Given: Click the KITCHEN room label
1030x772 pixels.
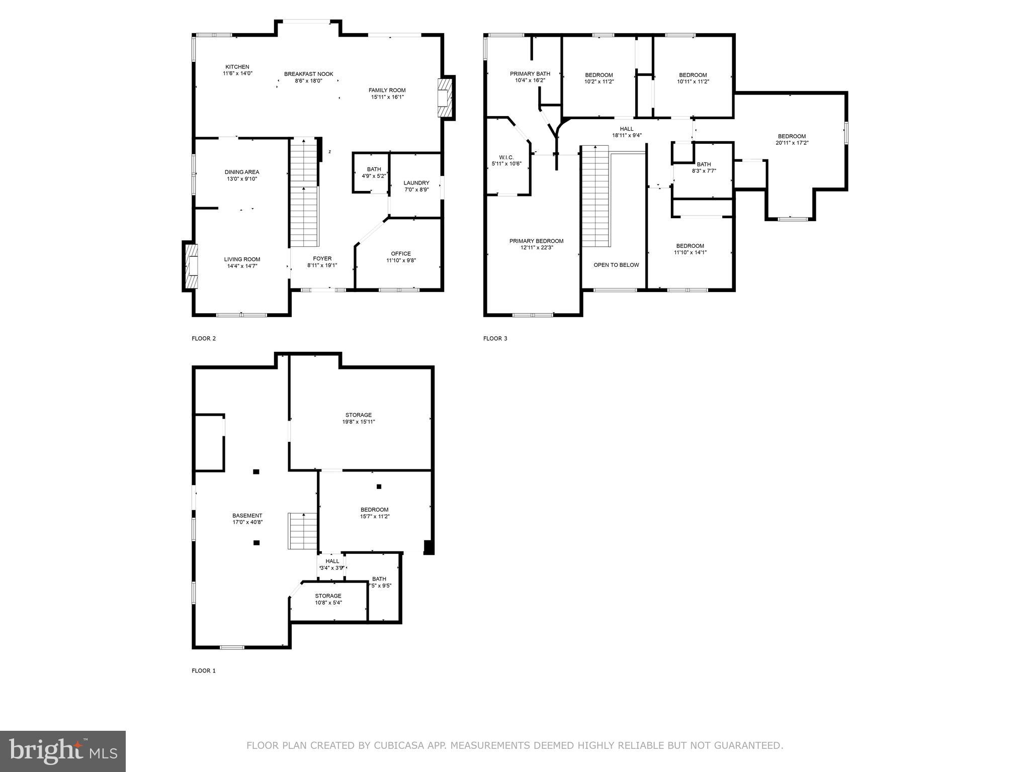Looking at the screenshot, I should click(237, 67).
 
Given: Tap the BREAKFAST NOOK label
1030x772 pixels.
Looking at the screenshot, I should click(308, 74).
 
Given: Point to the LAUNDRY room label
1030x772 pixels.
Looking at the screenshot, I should click(416, 183).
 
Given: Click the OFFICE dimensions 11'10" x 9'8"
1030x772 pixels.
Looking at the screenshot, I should click(401, 260).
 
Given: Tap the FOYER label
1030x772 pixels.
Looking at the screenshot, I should click(322, 258).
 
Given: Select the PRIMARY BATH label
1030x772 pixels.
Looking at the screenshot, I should click(530, 73).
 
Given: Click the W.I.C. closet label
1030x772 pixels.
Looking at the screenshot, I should click(506, 157).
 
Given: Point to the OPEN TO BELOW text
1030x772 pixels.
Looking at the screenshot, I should click(616, 265).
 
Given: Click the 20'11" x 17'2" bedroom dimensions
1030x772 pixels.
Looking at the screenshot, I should click(792, 143).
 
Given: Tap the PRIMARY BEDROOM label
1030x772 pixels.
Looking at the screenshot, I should click(536, 241).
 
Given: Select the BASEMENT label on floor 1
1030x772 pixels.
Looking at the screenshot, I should click(247, 515).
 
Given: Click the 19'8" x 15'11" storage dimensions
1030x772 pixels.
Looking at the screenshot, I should click(358, 422).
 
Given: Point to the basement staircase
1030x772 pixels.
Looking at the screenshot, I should click(302, 531).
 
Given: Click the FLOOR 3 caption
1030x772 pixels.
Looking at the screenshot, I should click(495, 338).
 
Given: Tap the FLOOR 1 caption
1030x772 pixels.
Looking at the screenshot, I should click(203, 670).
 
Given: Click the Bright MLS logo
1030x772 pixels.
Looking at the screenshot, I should click(63, 751).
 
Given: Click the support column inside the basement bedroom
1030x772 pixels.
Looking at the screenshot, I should click(379, 486).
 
